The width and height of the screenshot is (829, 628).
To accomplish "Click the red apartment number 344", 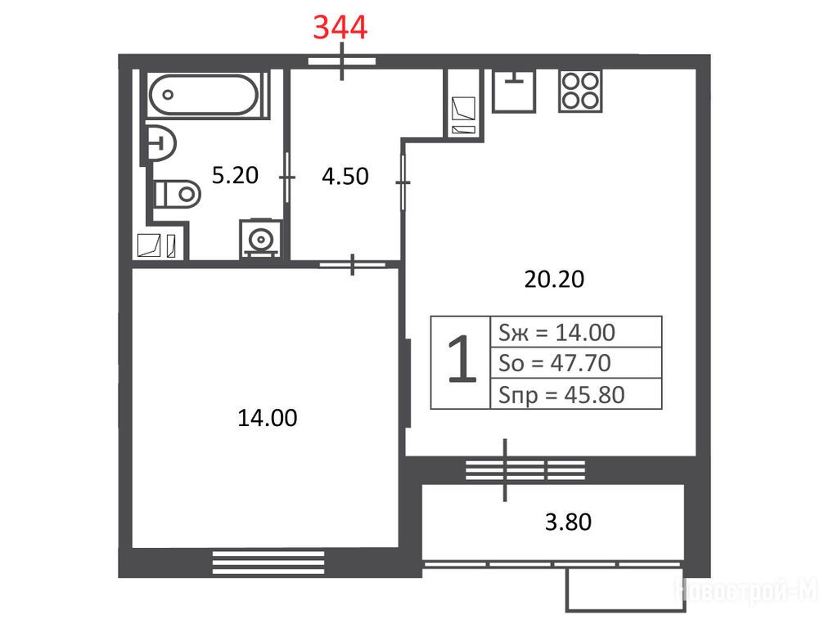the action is (x=340, y=28).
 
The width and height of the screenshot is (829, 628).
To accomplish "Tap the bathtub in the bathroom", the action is (x=204, y=95).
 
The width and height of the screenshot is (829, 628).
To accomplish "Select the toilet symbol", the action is (x=177, y=194).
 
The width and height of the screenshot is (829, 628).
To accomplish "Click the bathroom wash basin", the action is (x=160, y=142).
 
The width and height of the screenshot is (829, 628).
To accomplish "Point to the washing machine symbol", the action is (x=260, y=239).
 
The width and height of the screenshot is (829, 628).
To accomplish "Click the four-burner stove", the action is (x=580, y=91).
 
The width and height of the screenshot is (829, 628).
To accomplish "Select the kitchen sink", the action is (x=514, y=91).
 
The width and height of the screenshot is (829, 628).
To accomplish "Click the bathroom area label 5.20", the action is (x=235, y=175).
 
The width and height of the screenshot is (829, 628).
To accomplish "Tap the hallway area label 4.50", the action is (x=345, y=177).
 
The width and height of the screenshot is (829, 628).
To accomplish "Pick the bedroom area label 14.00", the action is (x=268, y=418).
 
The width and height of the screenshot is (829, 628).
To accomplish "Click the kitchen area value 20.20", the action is (x=554, y=279).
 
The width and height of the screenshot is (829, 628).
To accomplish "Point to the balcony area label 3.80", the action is (x=568, y=522).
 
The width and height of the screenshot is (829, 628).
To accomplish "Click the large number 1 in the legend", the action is (x=461, y=359).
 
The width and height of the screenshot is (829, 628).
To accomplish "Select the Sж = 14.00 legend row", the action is (x=557, y=333).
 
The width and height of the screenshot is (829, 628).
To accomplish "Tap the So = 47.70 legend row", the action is (x=555, y=363).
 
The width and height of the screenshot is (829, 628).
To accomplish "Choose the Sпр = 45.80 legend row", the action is (x=561, y=395).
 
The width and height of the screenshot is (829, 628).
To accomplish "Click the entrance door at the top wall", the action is (x=342, y=61).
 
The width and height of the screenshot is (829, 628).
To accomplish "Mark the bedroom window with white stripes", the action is (x=268, y=563).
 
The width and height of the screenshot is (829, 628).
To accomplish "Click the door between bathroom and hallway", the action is (x=287, y=177).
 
